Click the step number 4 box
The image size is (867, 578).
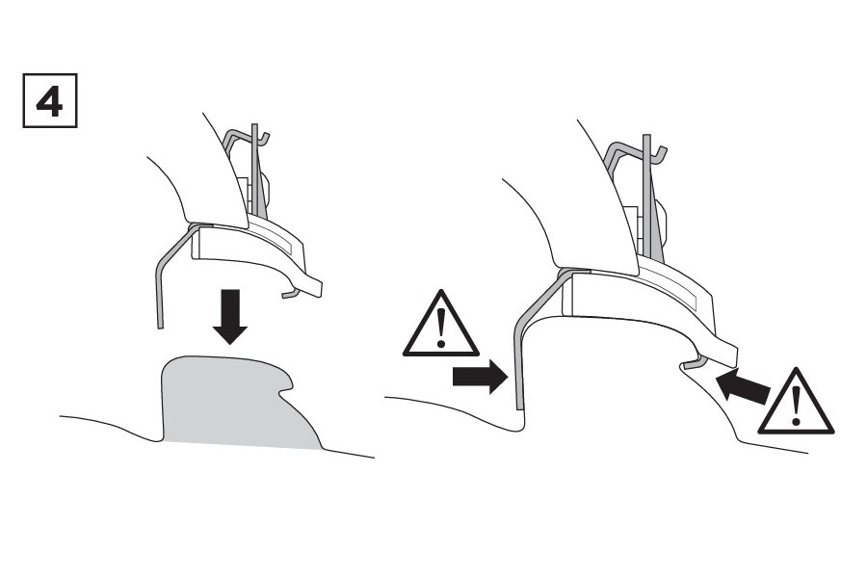(x=50, y=100)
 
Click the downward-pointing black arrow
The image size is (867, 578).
(x=230, y=316)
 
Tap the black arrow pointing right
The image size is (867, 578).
(x=480, y=378)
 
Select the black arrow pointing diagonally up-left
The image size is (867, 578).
(x=742, y=386)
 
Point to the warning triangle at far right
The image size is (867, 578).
(x=796, y=401)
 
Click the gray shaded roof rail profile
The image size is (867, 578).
(x=238, y=401)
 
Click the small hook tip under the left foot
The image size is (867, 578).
(x=287, y=294)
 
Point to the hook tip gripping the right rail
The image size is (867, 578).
(x=691, y=364)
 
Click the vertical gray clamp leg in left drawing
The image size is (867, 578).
(x=159, y=293)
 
